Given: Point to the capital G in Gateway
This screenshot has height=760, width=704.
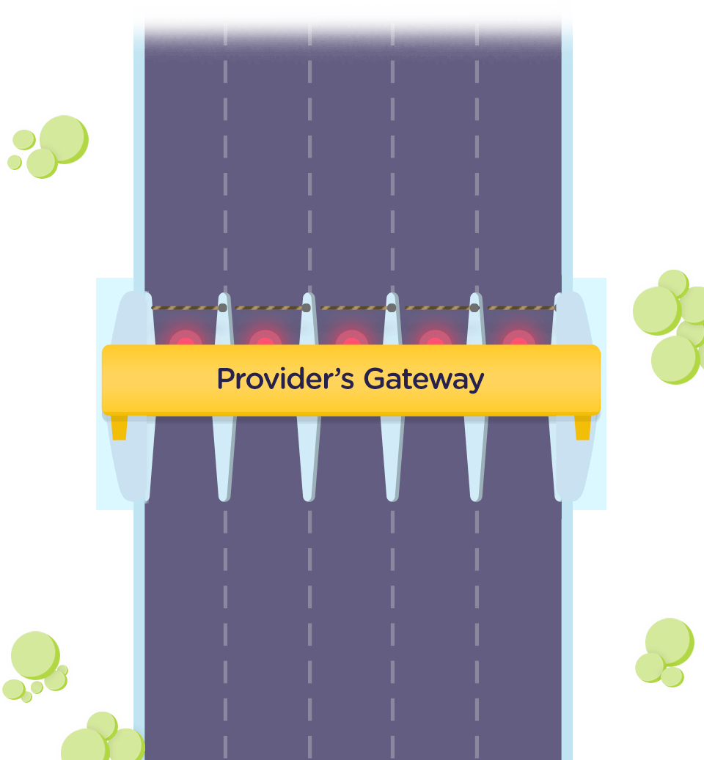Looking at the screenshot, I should (375, 379).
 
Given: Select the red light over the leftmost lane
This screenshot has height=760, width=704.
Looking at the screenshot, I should (185, 340).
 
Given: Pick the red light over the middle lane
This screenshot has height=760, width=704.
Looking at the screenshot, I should (351, 340).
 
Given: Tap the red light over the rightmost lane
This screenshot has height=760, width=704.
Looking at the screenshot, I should (518, 340).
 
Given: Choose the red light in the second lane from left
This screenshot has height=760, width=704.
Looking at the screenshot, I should (265, 340).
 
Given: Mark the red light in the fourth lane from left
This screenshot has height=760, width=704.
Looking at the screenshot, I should (435, 340).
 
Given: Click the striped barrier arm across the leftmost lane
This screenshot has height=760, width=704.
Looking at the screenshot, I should (186, 308).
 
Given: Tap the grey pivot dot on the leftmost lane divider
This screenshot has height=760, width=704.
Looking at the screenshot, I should (223, 308).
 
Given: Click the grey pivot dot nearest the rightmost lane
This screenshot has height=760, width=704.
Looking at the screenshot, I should (474, 308).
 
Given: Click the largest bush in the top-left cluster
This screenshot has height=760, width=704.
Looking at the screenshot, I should (63, 139).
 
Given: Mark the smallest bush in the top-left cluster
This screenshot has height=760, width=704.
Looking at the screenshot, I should (15, 162).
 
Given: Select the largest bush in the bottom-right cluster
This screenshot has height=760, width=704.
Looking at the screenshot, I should (669, 641).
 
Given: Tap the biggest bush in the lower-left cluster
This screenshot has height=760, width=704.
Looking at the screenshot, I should (34, 654).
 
